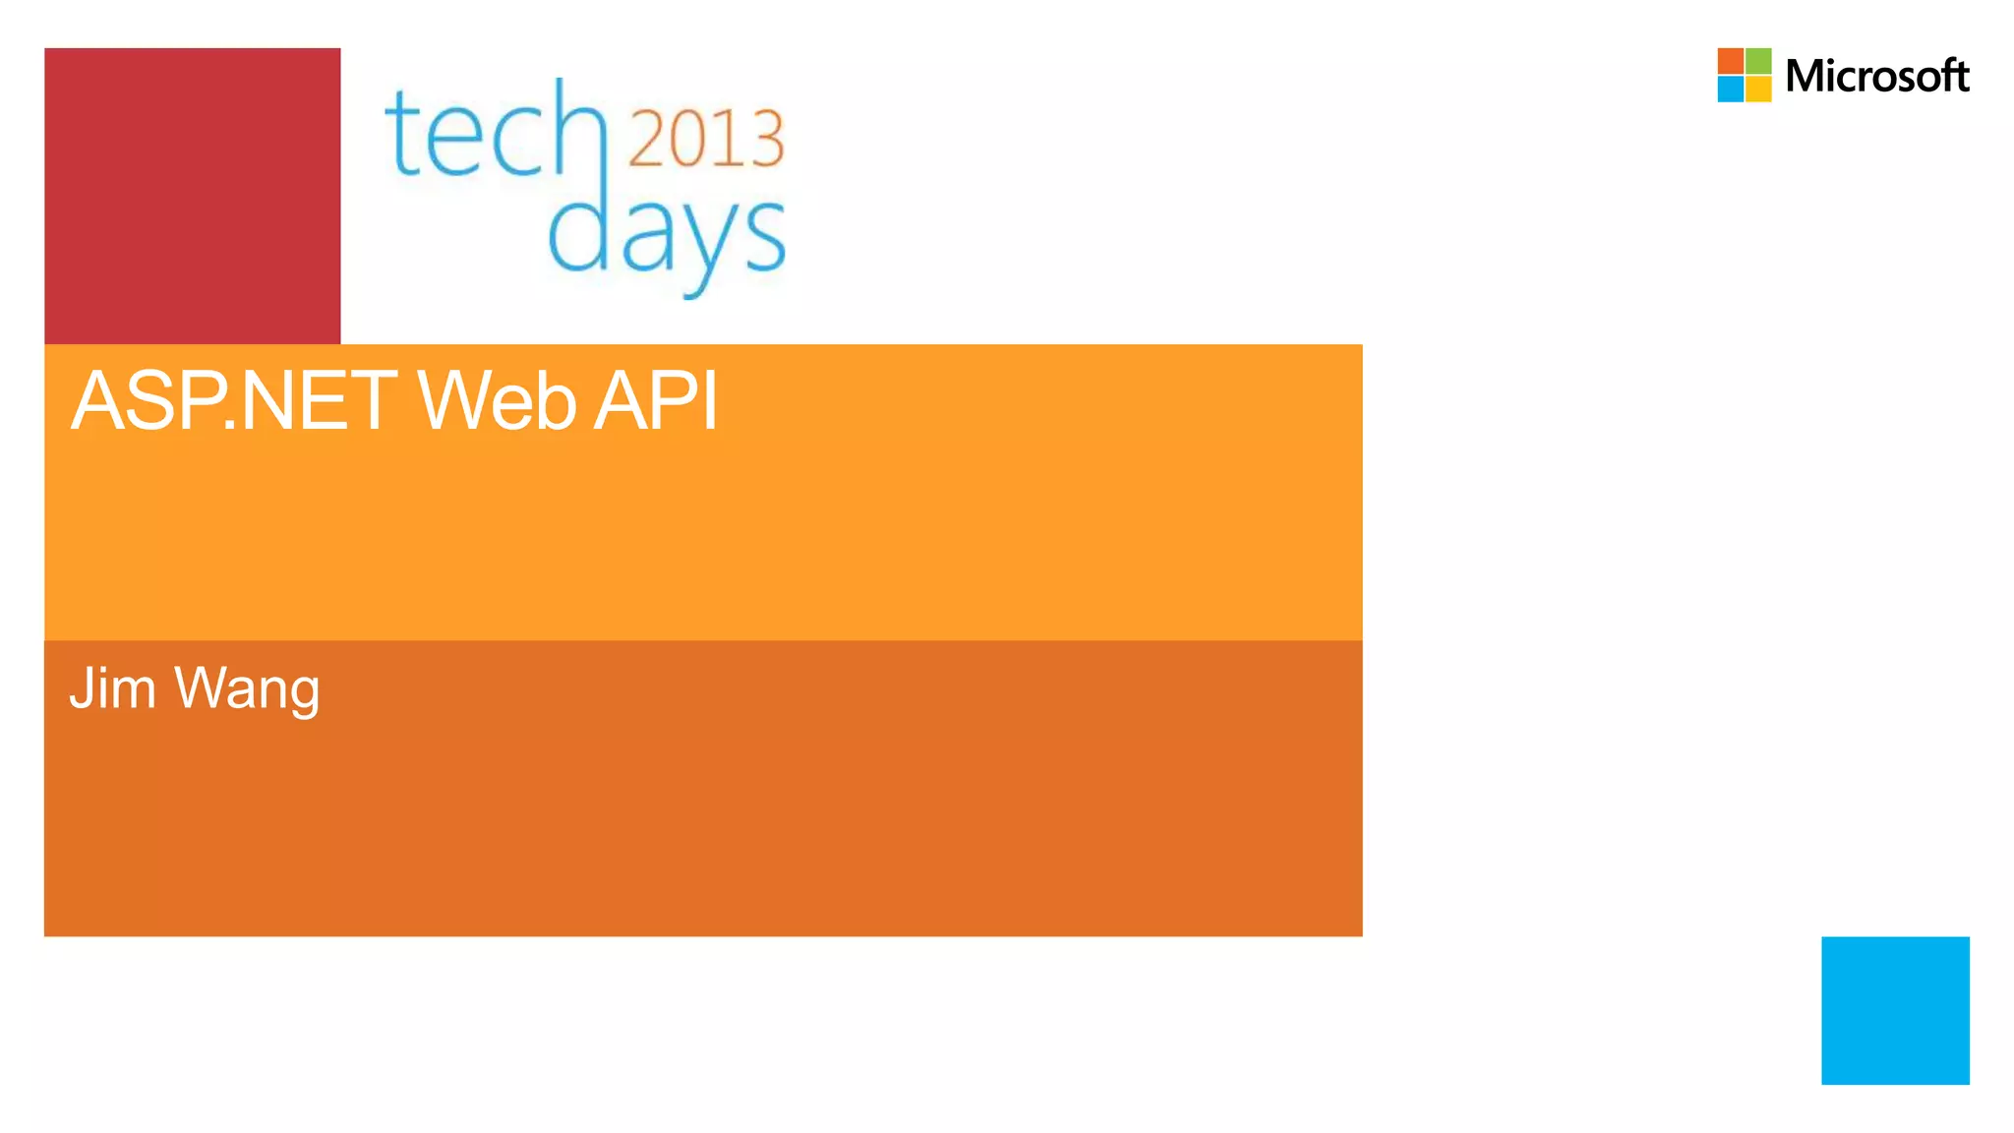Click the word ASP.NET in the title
pyautogui.click(x=234, y=401)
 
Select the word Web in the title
pyautogui.click(x=497, y=401)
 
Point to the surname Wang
pyautogui.click(x=247, y=690)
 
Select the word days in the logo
pyautogui.click(x=666, y=236)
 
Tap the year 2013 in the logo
pyautogui.click(x=705, y=139)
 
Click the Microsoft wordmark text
pyautogui.click(x=1876, y=76)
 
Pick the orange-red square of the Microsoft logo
pyautogui.click(x=1731, y=61)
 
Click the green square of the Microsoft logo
pyautogui.click(x=1758, y=61)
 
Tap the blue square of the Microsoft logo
pyautogui.click(x=1731, y=89)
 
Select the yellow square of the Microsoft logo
pyautogui.click(x=1758, y=89)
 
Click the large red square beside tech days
pyautogui.click(x=193, y=196)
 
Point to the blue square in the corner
pyautogui.click(x=1895, y=1010)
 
